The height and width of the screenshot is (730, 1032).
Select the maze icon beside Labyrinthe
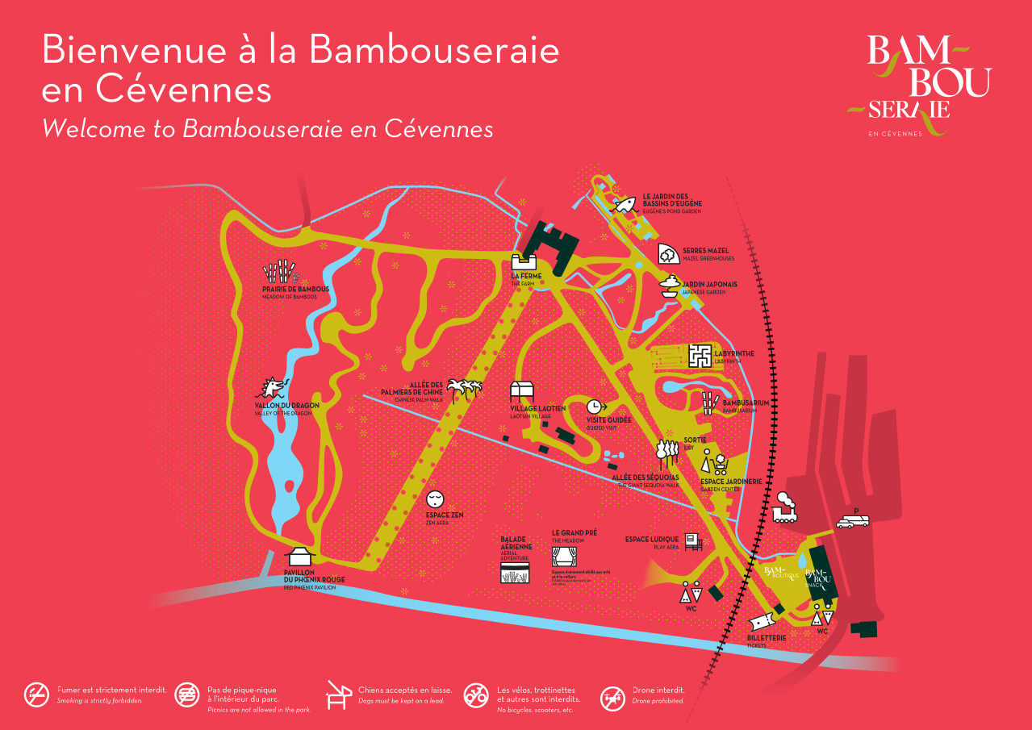(x=700, y=355)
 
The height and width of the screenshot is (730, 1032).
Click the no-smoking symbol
(x=36, y=695)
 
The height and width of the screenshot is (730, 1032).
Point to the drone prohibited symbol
(x=612, y=698)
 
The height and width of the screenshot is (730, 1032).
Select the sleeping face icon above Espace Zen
(x=434, y=498)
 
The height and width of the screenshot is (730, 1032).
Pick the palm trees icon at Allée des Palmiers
(x=466, y=388)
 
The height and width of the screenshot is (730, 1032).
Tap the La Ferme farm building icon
(x=525, y=261)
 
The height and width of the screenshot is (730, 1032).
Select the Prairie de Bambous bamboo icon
(x=279, y=273)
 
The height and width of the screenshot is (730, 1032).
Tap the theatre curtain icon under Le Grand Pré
(x=563, y=557)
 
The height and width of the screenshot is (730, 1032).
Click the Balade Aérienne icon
(x=515, y=574)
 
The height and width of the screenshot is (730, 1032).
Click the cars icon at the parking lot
(x=852, y=521)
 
